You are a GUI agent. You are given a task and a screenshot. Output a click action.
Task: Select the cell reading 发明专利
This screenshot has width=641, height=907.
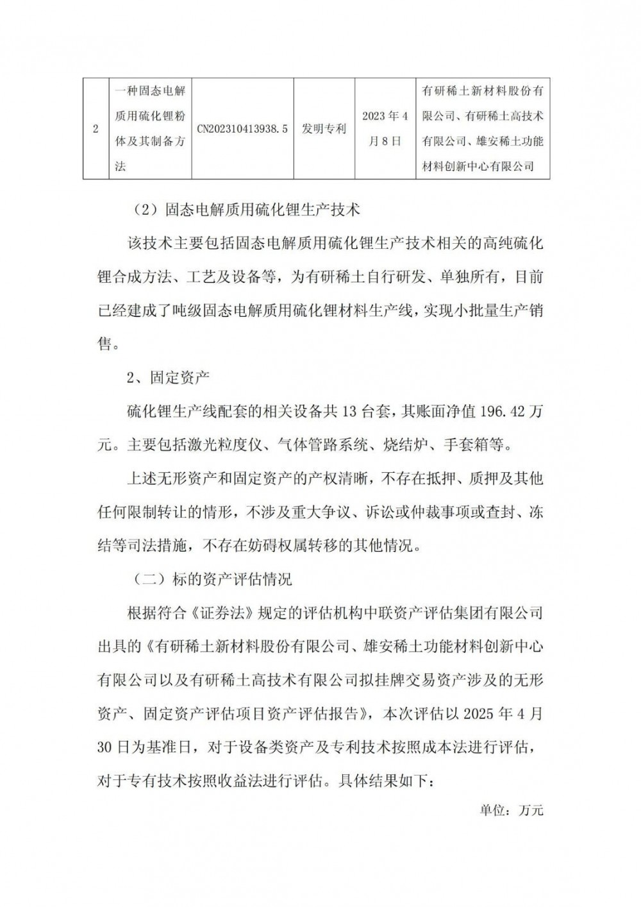coord(324,129)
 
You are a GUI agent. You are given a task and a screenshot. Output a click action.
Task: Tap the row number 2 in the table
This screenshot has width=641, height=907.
coord(96,129)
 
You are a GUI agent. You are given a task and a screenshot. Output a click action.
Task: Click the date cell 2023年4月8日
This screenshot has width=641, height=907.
coord(385,129)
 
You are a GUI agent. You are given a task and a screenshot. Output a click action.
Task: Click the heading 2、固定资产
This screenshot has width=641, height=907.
coord(168,377)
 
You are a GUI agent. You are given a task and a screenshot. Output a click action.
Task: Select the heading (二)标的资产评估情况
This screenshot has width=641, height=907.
coord(212,579)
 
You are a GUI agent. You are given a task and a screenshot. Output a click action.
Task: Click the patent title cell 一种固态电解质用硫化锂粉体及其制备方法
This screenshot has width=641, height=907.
coord(150,129)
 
